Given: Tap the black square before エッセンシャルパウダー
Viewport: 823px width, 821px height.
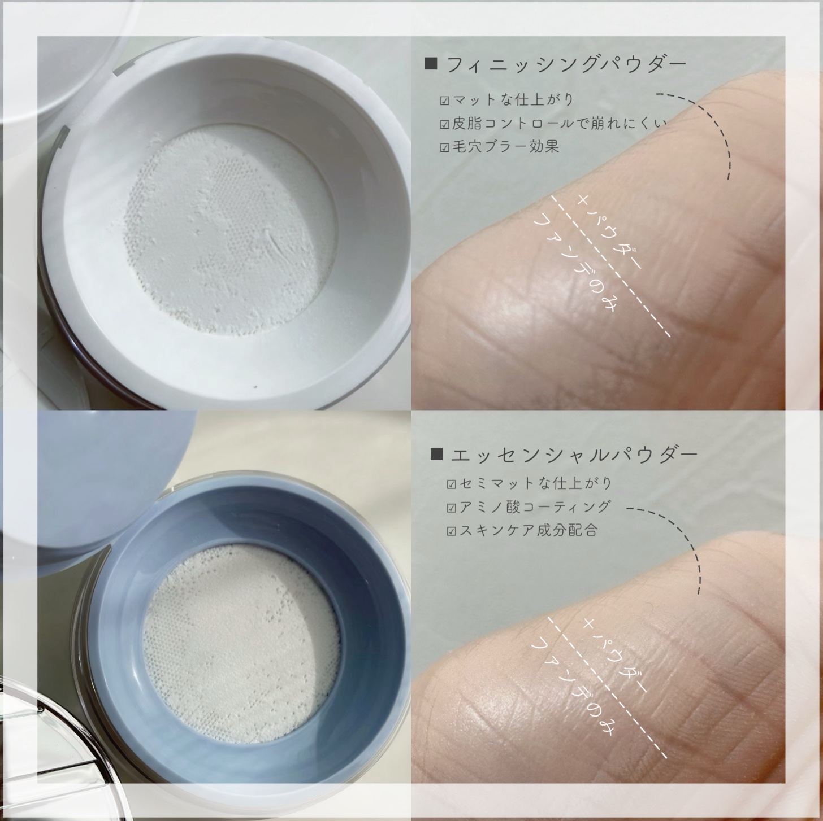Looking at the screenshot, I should [436, 454].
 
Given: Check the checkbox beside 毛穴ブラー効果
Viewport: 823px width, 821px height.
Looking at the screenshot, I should [444, 148].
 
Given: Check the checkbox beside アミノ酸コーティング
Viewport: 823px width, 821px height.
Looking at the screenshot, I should [451, 508].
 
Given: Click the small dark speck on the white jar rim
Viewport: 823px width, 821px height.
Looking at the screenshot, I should [255, 387].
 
